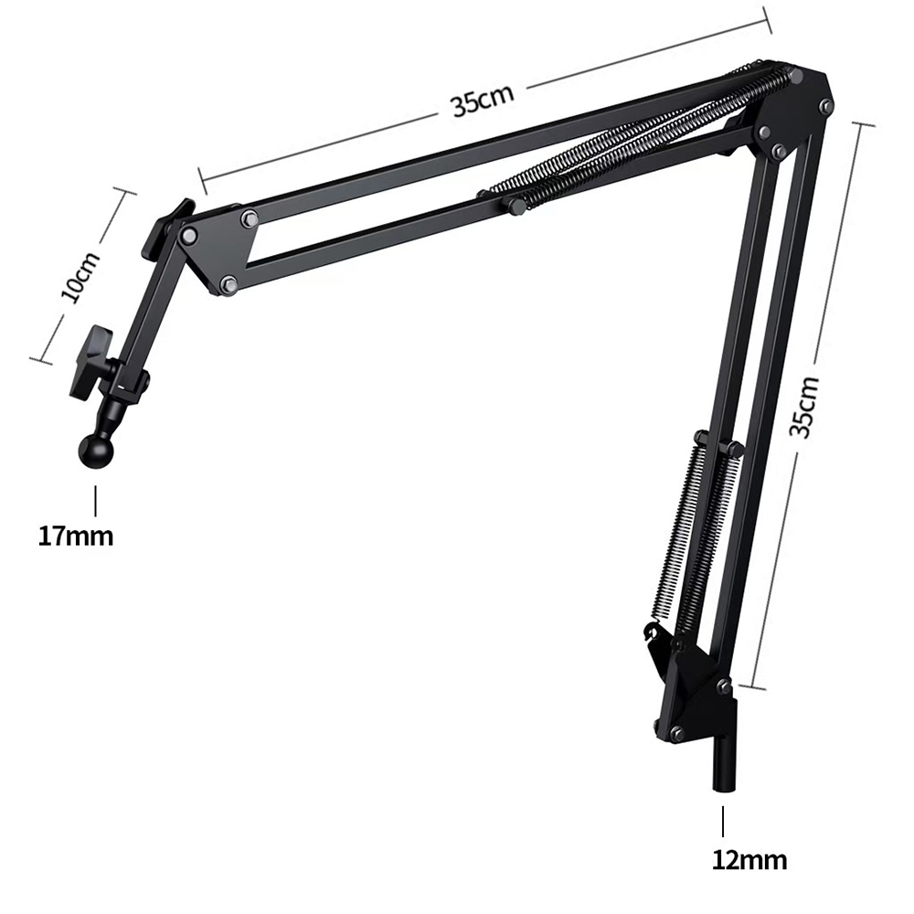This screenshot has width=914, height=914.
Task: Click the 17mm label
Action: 76,536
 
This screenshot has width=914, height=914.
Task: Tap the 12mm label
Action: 749,860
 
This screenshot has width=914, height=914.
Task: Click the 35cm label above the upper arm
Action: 483,101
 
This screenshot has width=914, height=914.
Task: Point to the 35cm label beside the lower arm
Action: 804,406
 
